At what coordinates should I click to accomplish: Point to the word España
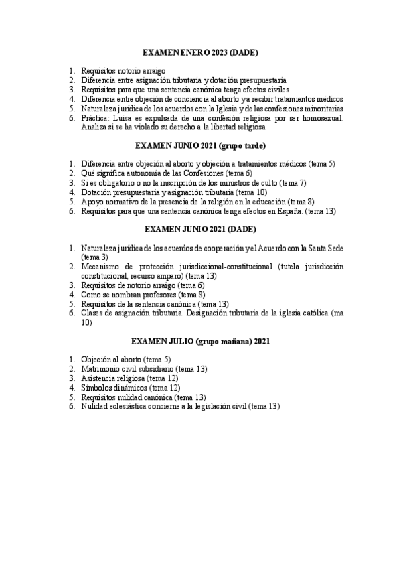286,210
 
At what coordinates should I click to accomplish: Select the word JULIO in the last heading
179,341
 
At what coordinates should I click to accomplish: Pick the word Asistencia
99,378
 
